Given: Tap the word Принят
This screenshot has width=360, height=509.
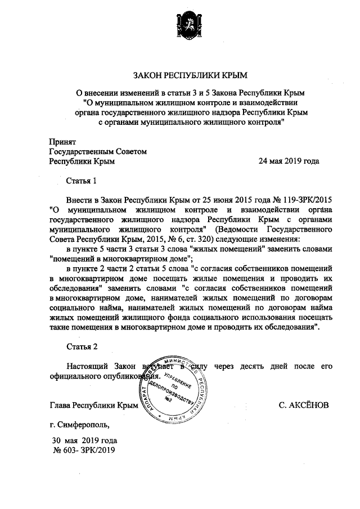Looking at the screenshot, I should click(x=62, y=143).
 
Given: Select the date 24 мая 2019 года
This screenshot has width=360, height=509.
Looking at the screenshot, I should click(x=289, y=161).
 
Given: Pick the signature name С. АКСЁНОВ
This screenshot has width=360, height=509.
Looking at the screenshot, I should click(x=304, y=405).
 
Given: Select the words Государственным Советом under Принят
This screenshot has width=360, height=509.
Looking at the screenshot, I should click(x=98, y=152).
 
